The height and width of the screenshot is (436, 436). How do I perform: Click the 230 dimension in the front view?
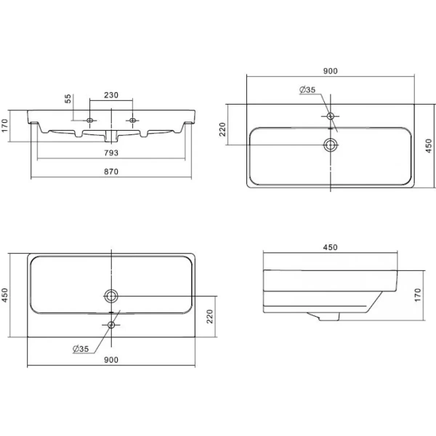click(111, 95)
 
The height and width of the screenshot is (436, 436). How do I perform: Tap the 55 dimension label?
click(68, 98)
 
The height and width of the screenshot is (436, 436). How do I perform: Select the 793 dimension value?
click(111, 153)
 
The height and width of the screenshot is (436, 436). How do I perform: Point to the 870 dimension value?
click(111, 171)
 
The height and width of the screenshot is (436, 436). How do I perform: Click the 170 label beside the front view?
click(5, 126)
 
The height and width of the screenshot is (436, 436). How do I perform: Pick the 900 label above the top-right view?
click(331, 71)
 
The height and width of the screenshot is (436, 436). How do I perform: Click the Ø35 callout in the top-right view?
click(307, 89)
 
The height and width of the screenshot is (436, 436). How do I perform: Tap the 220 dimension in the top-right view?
click(223, 129)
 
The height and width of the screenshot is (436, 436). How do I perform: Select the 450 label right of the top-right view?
click(429, 146)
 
